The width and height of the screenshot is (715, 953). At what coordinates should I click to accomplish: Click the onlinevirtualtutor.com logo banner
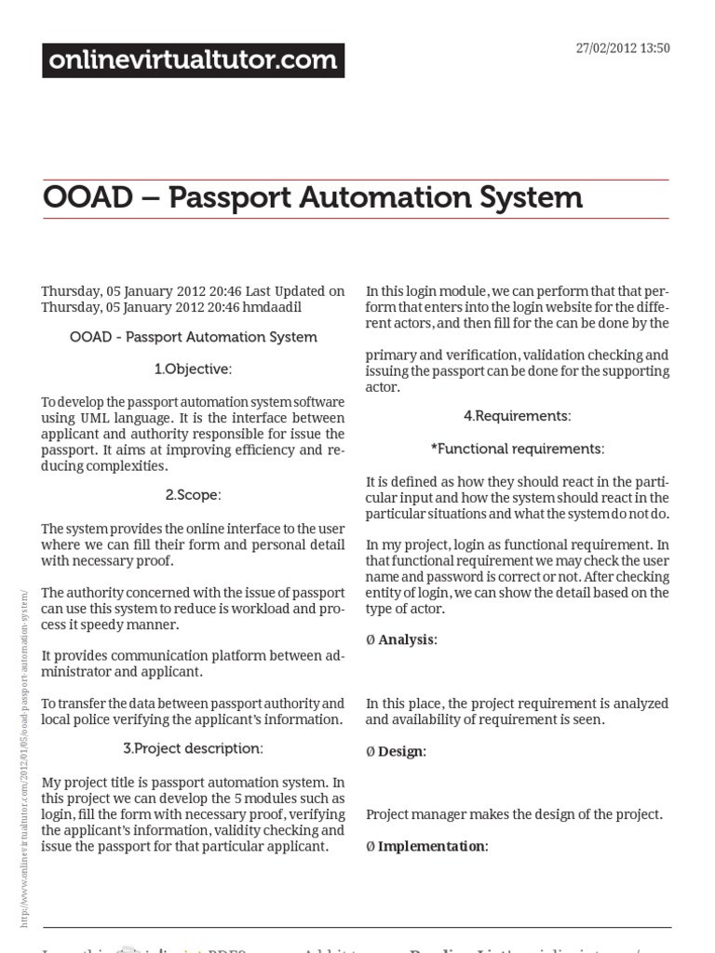click(x=194, y=60)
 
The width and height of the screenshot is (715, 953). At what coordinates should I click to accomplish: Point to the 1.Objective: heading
click(x=193, y=369)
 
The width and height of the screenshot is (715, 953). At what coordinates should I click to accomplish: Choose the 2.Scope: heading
click(x=193, y=494)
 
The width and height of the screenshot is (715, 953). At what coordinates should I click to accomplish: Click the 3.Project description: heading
click(x=193, y=748)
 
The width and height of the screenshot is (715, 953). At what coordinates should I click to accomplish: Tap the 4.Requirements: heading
click(x=518, y=416)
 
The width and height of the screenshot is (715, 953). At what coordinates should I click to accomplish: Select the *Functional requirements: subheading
click(x=518, y=449)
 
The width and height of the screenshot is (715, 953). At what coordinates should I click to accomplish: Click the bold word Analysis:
click(x=408, y=640)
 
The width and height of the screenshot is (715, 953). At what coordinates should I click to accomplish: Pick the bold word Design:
click(x=402, y=751)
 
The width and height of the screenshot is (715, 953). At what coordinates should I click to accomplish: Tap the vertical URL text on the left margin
click(x=24, y=758)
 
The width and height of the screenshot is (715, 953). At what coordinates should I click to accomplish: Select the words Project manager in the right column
click(x=411, y=814)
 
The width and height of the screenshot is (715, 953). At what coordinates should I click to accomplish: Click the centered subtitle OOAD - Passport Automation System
click(x=193, y=337)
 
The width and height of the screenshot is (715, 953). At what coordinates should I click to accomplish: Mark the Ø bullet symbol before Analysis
click(x=371, y=640)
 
